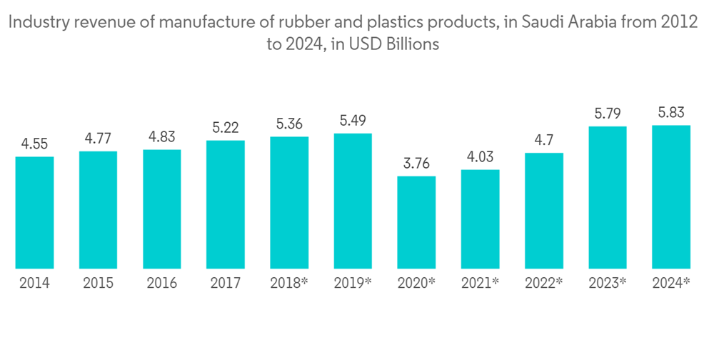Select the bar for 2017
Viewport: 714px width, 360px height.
225,204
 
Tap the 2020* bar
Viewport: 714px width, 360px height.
416,222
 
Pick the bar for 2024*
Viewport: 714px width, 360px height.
671,197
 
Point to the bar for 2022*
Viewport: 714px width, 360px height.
544,211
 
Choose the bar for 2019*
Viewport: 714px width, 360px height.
353,201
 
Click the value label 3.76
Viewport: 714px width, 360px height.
416,164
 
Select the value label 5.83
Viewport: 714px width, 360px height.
671,113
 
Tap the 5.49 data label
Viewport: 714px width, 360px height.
353,121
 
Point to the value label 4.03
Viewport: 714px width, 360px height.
480,157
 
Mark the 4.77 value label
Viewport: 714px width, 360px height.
98,139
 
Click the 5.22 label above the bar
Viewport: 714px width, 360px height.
225,128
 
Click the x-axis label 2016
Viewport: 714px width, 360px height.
161,284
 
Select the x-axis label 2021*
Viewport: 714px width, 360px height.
480,284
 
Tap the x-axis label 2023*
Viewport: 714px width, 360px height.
608,284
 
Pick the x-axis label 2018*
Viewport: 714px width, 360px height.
289,284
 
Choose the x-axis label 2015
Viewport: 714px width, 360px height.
98,284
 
